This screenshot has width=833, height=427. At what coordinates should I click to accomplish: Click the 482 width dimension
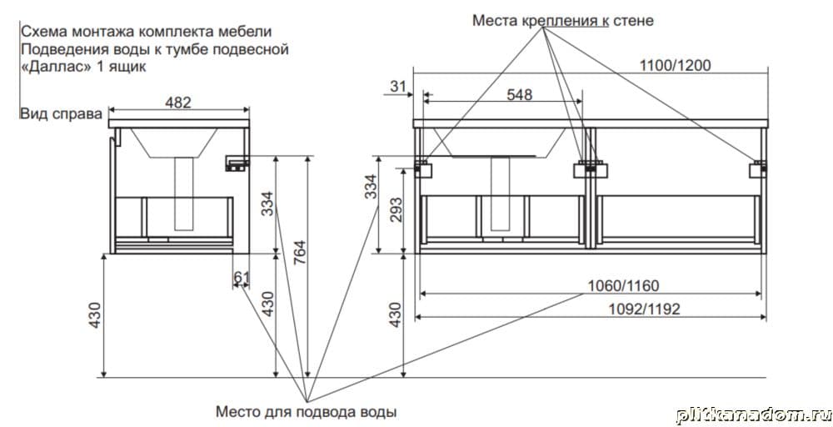[179, 103]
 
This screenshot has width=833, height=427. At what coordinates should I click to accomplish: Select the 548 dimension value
[519, 94]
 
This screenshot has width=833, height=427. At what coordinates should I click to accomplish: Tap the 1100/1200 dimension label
[675, 66]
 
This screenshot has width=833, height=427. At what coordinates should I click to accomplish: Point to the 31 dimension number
[397, 84]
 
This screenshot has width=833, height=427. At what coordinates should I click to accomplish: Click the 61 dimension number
[241, 276]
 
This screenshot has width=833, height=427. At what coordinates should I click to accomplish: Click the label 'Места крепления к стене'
[562, 20]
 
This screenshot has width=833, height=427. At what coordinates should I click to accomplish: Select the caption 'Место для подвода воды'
[306, 411]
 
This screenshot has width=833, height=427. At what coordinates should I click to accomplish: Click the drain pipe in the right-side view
[184, 193]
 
